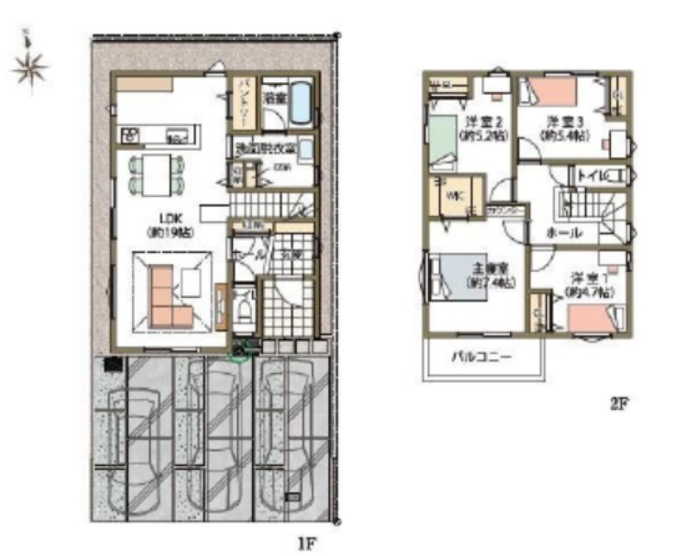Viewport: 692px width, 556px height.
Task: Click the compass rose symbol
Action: point(29,67)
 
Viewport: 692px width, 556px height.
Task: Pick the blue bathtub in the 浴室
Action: point(300,102)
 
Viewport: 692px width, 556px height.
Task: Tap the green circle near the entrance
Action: point(239,355)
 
